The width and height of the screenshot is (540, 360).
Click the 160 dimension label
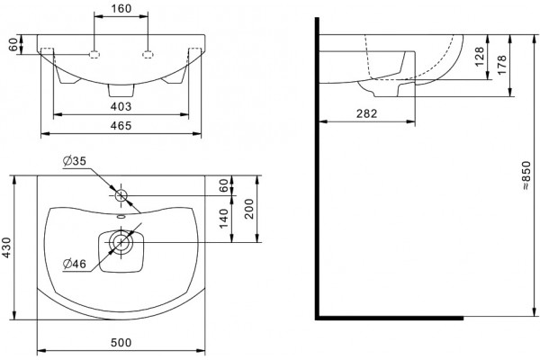click(121, 8)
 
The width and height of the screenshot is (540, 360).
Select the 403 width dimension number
click(121, 106)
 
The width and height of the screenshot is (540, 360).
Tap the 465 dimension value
click(121, 125)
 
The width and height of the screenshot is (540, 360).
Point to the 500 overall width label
click(121, 342)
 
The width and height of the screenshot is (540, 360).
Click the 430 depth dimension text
click(7, 248)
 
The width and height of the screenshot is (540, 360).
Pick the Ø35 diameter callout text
click(75, 161)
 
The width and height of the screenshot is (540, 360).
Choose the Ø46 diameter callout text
click(75, 264)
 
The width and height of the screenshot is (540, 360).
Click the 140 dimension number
click(223, 219)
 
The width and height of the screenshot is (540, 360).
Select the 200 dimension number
click(248, 209)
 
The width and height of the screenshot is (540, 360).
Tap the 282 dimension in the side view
click(367, 113)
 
